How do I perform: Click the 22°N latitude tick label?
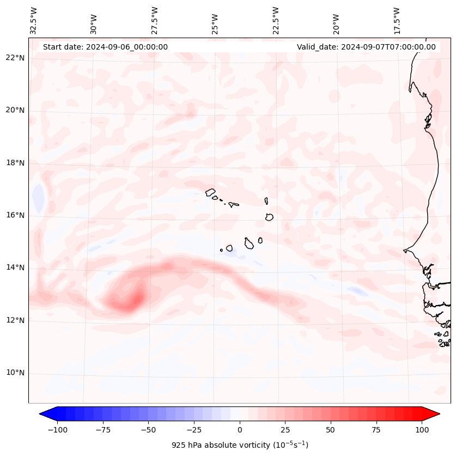(15, 58)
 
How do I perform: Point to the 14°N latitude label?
(15, 268)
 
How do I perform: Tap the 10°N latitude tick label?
(15, 373)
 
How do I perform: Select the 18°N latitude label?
(15, 163)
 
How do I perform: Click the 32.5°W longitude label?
(34, 21)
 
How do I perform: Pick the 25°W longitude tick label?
(216, 23)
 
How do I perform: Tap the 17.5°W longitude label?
(397, 21)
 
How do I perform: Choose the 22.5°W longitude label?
(276, 21)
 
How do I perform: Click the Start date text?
(105, 47)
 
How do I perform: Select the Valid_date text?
(366, 47)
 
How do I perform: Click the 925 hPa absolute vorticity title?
(240, 445)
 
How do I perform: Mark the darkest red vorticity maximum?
(136, 299)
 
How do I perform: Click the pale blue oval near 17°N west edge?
(38, 198)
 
